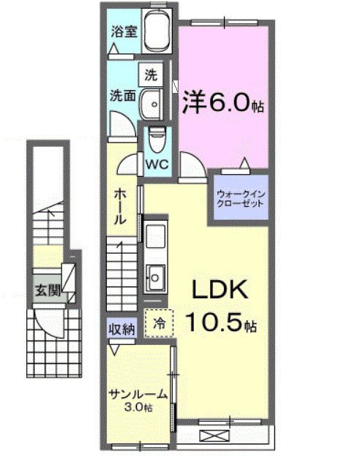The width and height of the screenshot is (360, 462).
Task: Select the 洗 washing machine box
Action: tap(151, 75)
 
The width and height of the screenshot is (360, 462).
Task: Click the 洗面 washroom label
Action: tap(121, 95)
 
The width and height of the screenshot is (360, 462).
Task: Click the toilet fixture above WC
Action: tap(156, 137)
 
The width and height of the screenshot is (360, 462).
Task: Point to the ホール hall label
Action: tap(122, 207)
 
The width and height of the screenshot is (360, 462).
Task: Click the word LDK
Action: tap(220, 291)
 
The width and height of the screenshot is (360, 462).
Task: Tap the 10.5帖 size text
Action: tap(220, 319)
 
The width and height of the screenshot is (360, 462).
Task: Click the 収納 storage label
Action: tap(122, 330)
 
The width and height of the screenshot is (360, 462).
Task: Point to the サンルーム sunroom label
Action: tap(138, 394)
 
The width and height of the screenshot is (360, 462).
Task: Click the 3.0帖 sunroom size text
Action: tap(138, 406)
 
